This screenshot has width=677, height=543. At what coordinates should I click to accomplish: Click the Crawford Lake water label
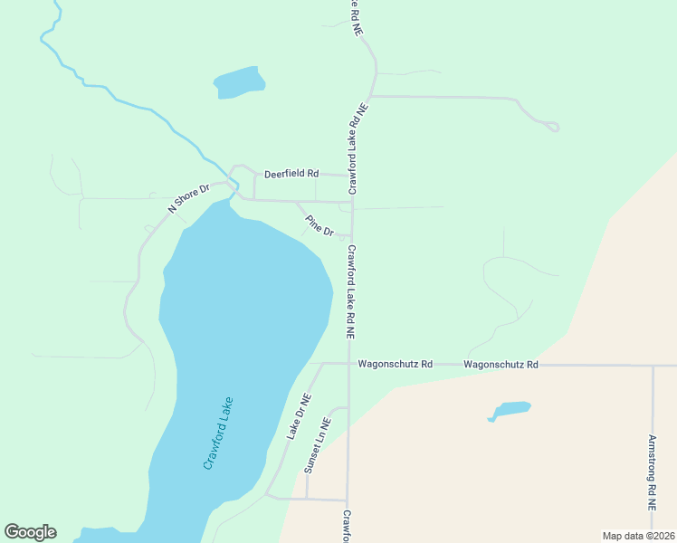coord(219,433)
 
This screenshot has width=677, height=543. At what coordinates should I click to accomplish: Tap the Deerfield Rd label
coord(291,173)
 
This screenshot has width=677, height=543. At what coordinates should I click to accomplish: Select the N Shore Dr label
coord(188,198)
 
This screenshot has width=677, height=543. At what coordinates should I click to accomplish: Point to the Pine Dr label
coord(319,225)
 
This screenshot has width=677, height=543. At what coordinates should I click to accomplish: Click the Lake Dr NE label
coord(300,416)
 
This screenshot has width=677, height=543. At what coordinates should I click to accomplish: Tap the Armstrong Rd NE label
coord(652,470)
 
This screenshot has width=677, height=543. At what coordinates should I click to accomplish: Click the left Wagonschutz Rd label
coord(395,364)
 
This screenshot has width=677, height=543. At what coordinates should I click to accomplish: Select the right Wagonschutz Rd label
coord(501,364)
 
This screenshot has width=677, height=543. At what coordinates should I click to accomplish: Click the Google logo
coord(30,532)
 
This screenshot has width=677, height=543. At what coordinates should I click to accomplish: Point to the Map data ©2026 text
coord(638,536)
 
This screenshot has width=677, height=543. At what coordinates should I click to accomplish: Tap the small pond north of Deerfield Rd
coord(240,82)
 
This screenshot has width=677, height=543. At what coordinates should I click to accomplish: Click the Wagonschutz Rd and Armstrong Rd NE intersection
coord(653,366)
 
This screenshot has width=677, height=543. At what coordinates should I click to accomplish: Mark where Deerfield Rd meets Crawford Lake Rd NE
coord(351,176)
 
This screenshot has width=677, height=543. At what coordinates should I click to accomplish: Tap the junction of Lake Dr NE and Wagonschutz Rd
coord(323,364)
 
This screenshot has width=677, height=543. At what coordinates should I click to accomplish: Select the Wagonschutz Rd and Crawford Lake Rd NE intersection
coord(349,364)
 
